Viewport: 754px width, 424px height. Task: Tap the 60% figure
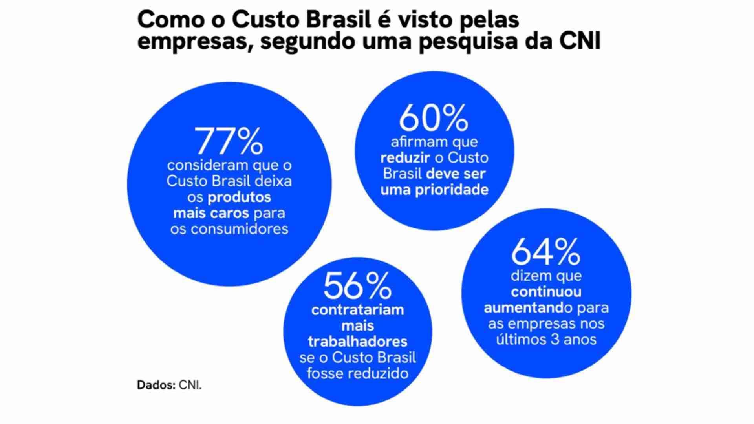[434, 117]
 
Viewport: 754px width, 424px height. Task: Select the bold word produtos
[239, 197]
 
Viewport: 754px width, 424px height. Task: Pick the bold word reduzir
[405, 158]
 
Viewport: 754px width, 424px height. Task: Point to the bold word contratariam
[357, 310]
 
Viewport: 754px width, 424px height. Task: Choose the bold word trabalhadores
[357, 342]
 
